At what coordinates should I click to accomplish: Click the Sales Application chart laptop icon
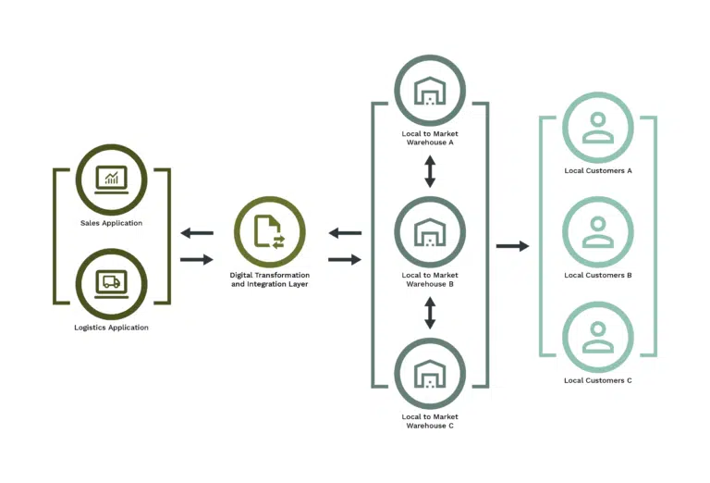pos(111,180)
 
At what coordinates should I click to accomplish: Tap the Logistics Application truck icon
pos(111,284)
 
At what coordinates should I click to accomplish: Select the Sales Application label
pos(111,223)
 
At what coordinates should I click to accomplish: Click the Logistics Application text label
pos(111,328)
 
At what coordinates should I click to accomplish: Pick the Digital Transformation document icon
pos(269,232)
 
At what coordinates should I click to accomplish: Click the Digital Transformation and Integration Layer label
pos(269,279)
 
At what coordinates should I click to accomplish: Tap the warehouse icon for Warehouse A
pos(430,91)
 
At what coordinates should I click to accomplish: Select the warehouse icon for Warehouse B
pos(430,232)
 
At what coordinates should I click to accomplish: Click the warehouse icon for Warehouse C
pos(430,374)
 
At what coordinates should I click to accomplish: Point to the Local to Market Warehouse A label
pos(430,138)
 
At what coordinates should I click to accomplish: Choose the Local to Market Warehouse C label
pos(430,421)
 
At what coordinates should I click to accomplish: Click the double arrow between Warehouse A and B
pos(430,171)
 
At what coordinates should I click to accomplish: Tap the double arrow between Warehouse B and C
pos(430,313)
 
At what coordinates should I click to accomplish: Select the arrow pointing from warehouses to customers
pos(512,246)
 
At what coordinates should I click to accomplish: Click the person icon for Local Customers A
pos(598,128)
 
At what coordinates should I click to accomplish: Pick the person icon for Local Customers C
pos(598,337)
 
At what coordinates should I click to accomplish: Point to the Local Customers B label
pos(598,275)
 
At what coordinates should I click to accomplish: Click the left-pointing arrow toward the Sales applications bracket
pos(197,233)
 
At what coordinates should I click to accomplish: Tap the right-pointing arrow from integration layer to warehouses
pos(345,260)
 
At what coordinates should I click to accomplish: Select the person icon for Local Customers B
pos(598,232)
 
